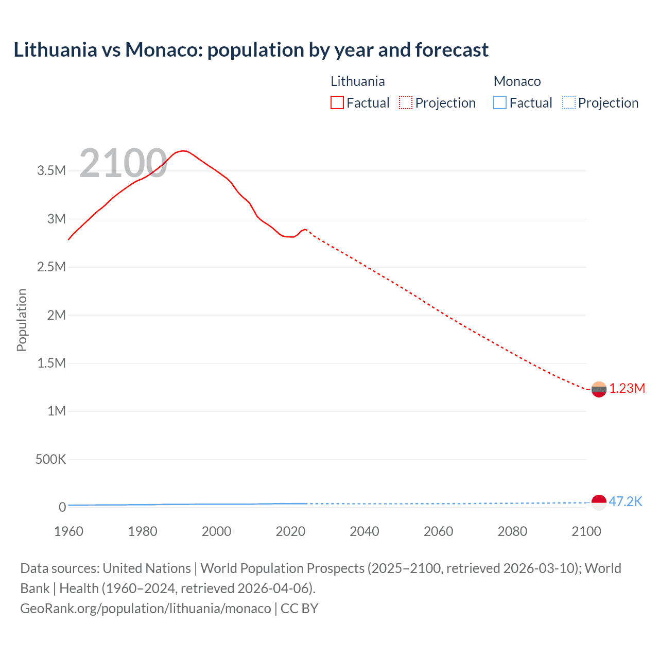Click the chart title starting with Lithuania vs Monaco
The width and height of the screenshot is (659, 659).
251,50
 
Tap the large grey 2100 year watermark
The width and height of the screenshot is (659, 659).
123,163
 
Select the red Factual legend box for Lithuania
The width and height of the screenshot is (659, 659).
337,103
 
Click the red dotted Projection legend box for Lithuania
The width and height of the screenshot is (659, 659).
405,103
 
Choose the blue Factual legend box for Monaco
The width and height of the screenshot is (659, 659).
499,103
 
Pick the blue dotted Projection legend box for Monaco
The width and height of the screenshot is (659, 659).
568,103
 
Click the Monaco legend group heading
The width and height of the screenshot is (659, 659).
517,81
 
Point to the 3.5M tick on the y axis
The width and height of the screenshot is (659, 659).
51,171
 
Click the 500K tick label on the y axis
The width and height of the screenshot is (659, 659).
50,459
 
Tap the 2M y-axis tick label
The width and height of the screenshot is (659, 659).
56,315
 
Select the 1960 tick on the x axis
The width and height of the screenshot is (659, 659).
68,531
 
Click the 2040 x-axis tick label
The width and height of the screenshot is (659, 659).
365,531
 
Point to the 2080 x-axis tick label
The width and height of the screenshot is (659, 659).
512,531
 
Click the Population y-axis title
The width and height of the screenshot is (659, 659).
22,320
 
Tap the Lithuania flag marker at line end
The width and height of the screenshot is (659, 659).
599,389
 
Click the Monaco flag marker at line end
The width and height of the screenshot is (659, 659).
599,502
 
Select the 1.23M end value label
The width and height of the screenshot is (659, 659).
627,389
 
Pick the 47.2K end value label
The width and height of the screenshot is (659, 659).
626,502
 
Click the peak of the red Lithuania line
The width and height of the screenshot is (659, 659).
183,151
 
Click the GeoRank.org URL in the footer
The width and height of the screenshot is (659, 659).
146,609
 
